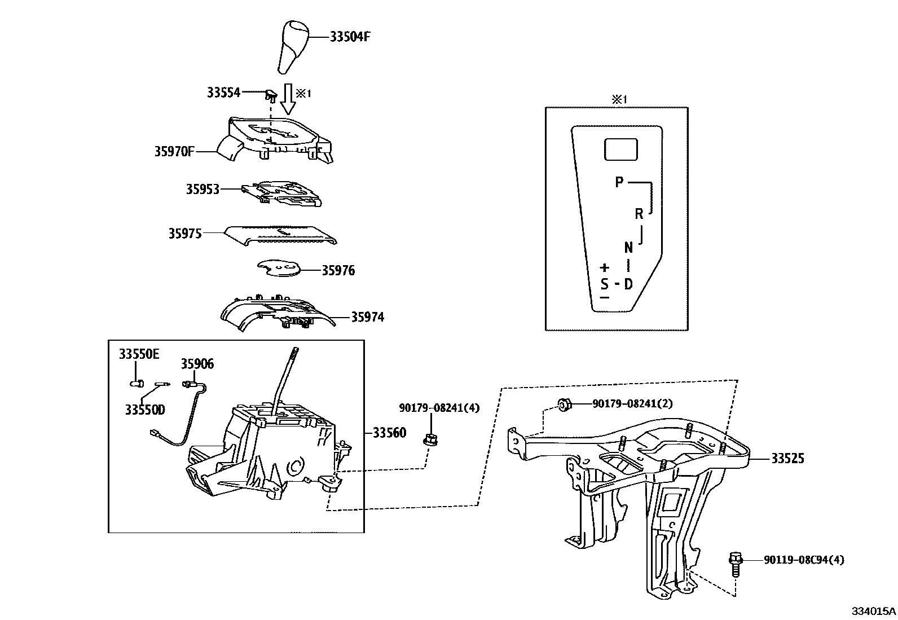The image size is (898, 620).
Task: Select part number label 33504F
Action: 350,37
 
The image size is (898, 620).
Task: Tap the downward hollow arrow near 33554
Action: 288,99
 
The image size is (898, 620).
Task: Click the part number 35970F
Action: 174,151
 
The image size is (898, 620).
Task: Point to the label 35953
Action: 203,189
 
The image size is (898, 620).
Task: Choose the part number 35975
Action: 184,233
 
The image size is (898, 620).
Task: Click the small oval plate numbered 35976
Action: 279,269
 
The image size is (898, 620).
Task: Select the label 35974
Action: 367,317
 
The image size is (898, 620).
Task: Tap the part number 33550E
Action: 139,354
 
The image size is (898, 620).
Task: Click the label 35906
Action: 197,364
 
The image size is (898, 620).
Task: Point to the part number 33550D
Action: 145,409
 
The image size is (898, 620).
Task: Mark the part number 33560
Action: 389,433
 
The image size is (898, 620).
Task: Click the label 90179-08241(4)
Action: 439,407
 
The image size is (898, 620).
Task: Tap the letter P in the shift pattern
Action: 619,182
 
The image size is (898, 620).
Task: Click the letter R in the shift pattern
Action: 639,214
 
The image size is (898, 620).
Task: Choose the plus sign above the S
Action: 605,267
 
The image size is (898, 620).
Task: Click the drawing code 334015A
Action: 873,611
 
